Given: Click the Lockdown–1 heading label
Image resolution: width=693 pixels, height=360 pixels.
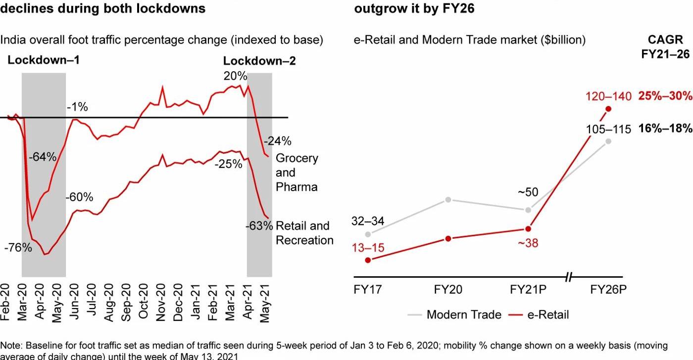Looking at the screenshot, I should click(x=44, y=60).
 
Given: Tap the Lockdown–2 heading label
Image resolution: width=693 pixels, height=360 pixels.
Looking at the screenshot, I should click(x=259, y=61).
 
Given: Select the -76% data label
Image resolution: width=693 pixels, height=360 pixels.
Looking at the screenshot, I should click(x=18, y=248).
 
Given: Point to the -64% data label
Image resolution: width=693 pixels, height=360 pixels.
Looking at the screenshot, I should click(x=43, y=157).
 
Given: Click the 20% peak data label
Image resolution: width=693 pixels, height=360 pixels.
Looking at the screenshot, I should click(x=235, y=76).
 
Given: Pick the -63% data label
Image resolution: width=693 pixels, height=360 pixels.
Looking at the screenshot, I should click(x=259, y=226).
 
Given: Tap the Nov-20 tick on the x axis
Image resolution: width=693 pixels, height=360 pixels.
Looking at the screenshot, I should click(x=162, y=304).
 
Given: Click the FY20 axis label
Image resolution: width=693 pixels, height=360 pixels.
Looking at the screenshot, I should click(x=448, y=290).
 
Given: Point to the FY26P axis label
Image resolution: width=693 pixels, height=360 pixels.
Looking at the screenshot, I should click(x=608, y=290).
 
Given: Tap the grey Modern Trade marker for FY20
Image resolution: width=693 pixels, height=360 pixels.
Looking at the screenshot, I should click(x=448, y=200).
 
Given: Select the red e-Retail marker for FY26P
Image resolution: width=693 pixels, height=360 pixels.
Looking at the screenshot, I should click(x=608, y=109).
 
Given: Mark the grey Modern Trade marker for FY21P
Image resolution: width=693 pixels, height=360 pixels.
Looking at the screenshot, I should click(x=528, y=210).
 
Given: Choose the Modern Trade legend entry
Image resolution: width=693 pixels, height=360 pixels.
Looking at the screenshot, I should click(x=455, y=314).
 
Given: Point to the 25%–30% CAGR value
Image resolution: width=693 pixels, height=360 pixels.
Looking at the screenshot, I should click(x=665, y=96).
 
